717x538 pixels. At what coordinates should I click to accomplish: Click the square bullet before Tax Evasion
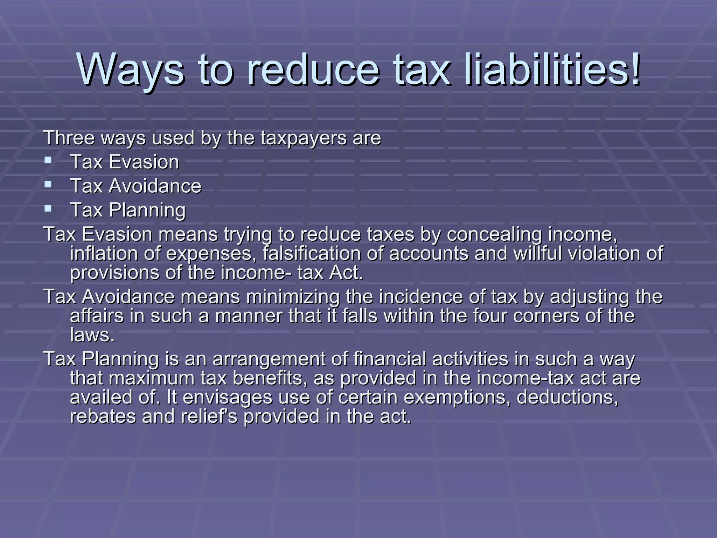click(x=48, y=161)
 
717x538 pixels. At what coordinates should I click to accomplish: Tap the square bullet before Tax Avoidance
click(x=48, y=185)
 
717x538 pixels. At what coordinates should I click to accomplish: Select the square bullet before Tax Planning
click(x=48, y=209)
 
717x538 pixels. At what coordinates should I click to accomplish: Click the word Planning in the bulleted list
click(x=147, y=211)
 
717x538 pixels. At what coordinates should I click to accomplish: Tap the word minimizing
click(x=293, y=297)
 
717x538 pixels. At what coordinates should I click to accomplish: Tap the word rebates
click(x=103, y=417)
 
